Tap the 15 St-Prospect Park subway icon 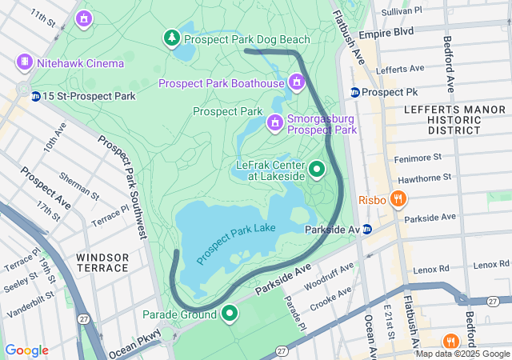pos(36,96)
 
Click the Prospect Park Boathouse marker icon pos(297,82)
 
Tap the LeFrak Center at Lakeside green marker pos(317,169)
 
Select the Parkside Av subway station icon pos(367,230)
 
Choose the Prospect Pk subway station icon pos(354,92)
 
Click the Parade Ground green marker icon pos(230,313)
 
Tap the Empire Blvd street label pos(386,33)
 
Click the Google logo pos(26,350)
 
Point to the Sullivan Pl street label pos(402,11)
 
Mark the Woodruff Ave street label pos(329,275)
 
